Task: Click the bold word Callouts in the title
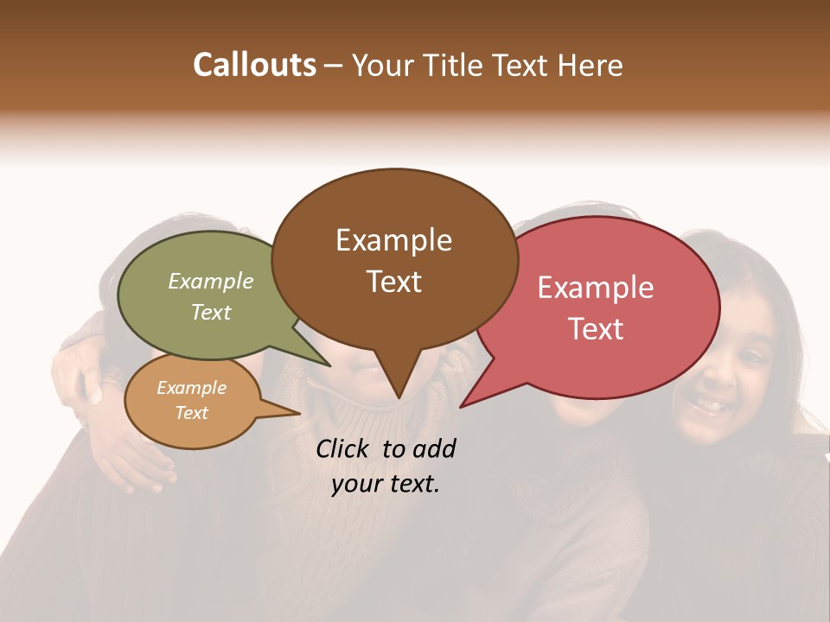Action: pos(254,65)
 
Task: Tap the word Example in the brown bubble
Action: pos(393,240)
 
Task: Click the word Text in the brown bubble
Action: pos(393,282)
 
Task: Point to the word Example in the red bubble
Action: pos(596,288)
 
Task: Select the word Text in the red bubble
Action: pos(596,328)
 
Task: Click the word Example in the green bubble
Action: pos(210,281)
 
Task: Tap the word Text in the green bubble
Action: pos(210,312)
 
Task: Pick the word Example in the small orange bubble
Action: pos(191,388)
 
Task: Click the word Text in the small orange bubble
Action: pos(191,413)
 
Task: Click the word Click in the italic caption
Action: pos(343,448)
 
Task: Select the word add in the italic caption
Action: pos(434,448)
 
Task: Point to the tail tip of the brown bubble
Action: pos(399,398)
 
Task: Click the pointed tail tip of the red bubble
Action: pos(461,406)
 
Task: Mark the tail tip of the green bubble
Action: pos(330,365)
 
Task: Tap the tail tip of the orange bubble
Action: pos(299,414)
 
